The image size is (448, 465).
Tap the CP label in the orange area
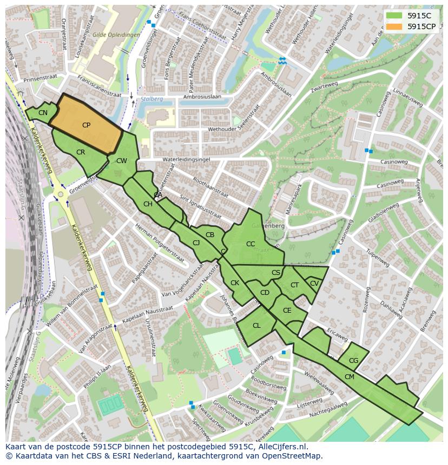tap(86, 125)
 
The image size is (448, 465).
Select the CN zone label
tap(43, 113)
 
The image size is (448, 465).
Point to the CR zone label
tap(81, 152)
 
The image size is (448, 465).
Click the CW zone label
tap(122, 161)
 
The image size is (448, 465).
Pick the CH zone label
tap(148, 204)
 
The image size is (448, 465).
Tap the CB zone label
tap(210, 235)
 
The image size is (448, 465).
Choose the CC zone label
tap(251, 244)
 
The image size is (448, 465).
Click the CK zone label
tap(235, 283)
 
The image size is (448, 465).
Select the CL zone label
tap(256, 326)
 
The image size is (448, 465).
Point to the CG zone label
tap(353, 361)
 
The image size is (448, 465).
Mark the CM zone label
tap(349, 377)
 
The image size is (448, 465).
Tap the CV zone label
tap(314, 283)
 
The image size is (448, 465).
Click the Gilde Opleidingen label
tap(116, 35)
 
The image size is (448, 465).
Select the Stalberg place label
tap(151, 99)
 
